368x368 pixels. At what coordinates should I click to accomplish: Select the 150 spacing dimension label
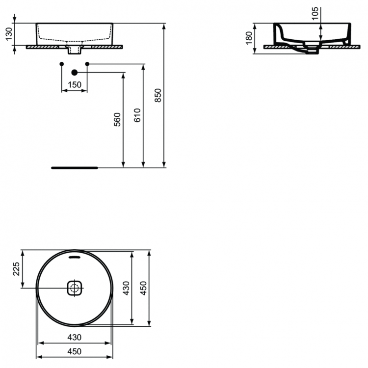(74, 85)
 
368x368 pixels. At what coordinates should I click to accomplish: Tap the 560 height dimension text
(117, 119)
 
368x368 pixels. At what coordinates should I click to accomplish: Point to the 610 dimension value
(137, 115)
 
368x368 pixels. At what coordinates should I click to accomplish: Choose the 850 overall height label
(158, 95)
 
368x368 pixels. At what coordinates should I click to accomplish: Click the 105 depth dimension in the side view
(315, 13)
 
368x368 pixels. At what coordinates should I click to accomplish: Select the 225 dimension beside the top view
(16, 269)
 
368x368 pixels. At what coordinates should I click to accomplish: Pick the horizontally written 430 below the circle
(74, 338)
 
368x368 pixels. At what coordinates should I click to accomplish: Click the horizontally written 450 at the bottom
(74, 351)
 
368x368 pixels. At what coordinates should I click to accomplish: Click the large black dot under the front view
(74, 73)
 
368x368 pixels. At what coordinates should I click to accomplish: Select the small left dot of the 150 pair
(61, 64)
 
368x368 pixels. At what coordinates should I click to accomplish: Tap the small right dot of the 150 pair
(87, 64)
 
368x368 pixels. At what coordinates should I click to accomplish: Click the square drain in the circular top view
(74, 288)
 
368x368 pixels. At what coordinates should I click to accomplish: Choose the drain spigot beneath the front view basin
(74, 49)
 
